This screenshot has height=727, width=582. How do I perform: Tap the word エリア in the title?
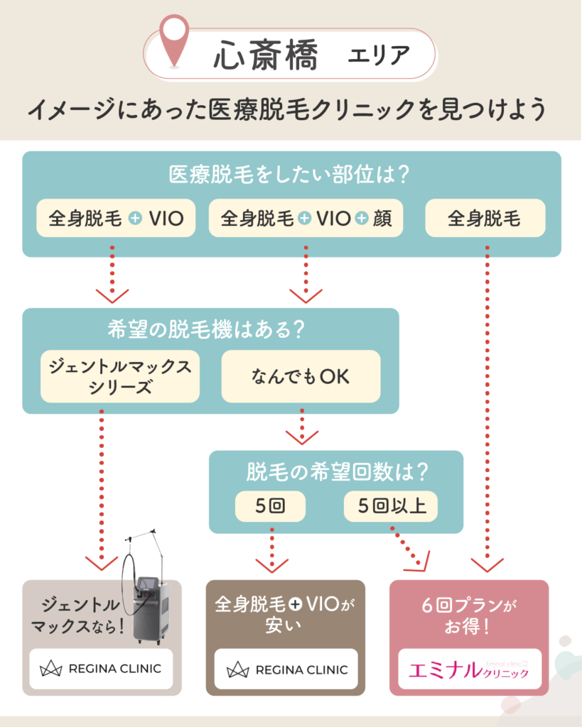pos(379,57)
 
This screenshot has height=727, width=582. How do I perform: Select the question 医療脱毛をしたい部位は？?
pos(291,173)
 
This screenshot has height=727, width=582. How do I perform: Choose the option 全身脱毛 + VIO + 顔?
pos(306,219)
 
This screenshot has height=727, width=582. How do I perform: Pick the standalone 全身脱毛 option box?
pos(485,219)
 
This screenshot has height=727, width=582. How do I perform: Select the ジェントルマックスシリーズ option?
pos(120,376)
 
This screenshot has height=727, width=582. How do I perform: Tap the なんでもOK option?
pos(301,376)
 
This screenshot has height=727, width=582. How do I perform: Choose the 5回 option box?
pos(270,507)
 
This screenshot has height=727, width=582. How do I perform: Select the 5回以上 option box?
pos(391,507)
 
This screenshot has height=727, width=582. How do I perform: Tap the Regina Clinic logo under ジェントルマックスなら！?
pos(100,668)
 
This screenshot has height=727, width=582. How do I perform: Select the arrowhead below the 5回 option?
pos(271,565)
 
